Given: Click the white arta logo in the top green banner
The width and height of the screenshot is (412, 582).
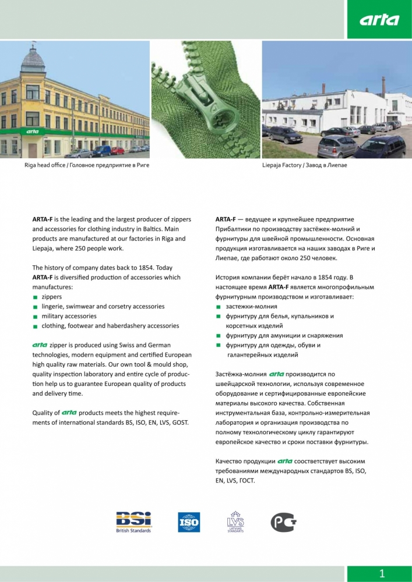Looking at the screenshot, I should [x=379, y=20].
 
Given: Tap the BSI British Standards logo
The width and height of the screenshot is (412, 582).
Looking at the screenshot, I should [x=133, y=521].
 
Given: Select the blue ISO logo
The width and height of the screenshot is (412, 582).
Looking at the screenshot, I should [x=189, y=522].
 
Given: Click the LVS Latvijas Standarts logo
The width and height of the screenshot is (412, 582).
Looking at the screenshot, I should [x=235, y=521].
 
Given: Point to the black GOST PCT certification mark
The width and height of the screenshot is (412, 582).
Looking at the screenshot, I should [x=283, y=522].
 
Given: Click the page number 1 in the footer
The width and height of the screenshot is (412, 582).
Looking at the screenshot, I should [x=382, y=574].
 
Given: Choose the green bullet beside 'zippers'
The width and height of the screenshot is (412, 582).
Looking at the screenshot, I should [x=35, y=297].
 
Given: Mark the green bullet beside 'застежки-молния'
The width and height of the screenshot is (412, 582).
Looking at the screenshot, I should [x=219, y=307].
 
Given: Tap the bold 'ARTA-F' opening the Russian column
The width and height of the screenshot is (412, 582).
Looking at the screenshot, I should [x=225, y=219].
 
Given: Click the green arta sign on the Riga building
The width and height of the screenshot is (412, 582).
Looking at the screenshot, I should [x=32, y=132].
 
